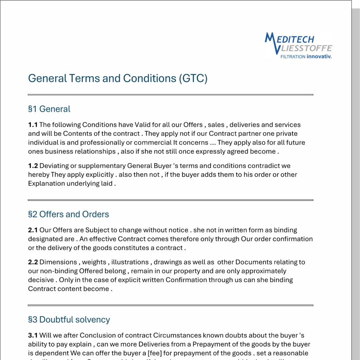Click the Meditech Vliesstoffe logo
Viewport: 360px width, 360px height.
(x=298, y=45)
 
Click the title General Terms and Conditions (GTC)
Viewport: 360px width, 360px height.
(x=118, y=78)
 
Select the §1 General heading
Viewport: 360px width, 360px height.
(x=49, y=109)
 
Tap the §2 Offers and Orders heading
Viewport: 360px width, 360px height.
(x=68, y=214)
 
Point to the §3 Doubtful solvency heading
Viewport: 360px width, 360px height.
(x=69, y=319)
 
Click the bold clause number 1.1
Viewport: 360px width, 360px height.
(x=33, y=125)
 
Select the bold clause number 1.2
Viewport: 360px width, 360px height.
(x=33, y=166)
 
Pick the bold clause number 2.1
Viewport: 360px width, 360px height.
(x=33, y=230)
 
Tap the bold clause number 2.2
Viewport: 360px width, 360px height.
(x=33, y=262)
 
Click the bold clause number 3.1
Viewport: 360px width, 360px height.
(x=33, y=335)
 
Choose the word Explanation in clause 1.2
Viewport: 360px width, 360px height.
(x=46, y=184)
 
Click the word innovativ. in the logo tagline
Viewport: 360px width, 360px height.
(x=319, y=57)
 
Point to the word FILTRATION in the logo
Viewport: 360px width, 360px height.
(x=293, y=57)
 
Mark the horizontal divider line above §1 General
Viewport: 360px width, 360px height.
(x=170, y=95)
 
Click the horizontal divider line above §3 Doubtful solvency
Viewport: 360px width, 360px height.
(x=170, y=305)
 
